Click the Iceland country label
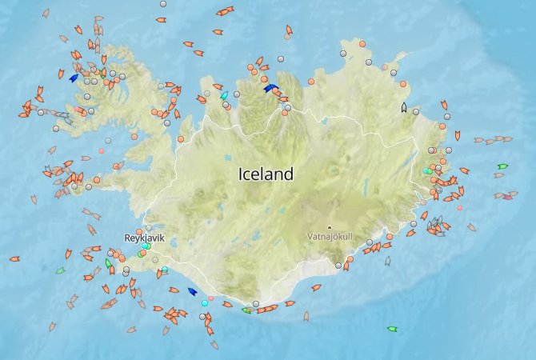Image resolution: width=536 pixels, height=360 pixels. [x=266, y=174]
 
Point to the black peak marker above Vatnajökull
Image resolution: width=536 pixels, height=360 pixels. [x=329, y=226]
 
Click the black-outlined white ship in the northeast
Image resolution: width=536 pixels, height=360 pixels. [x=404, y=107]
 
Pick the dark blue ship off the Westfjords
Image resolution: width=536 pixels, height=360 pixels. [x=74, y=78]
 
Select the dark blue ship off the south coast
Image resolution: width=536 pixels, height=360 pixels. [x=191, y=292]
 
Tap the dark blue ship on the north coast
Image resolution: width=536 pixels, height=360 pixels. [x=270, y=89]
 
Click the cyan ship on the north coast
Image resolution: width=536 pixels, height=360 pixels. [x=224, y=95]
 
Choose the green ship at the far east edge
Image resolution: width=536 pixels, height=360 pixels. [x=502, y=166]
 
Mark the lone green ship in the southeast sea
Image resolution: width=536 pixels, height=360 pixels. [x=392, y=329]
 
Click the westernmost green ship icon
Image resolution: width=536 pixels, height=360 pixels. [x=60, y=270]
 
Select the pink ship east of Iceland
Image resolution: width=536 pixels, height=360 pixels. [x=507, y=196]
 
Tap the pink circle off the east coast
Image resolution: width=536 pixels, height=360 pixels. [x=459, y=208]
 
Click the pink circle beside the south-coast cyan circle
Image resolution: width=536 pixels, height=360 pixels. [x=211, y=298]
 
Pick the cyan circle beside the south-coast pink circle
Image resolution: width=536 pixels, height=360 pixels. [x=205, y=303]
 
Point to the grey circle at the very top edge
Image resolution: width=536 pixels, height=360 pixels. [x=163, y=4]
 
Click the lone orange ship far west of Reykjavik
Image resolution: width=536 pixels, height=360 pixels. [x=14, y=258]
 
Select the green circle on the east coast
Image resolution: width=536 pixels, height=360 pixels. [x=429, y=171]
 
